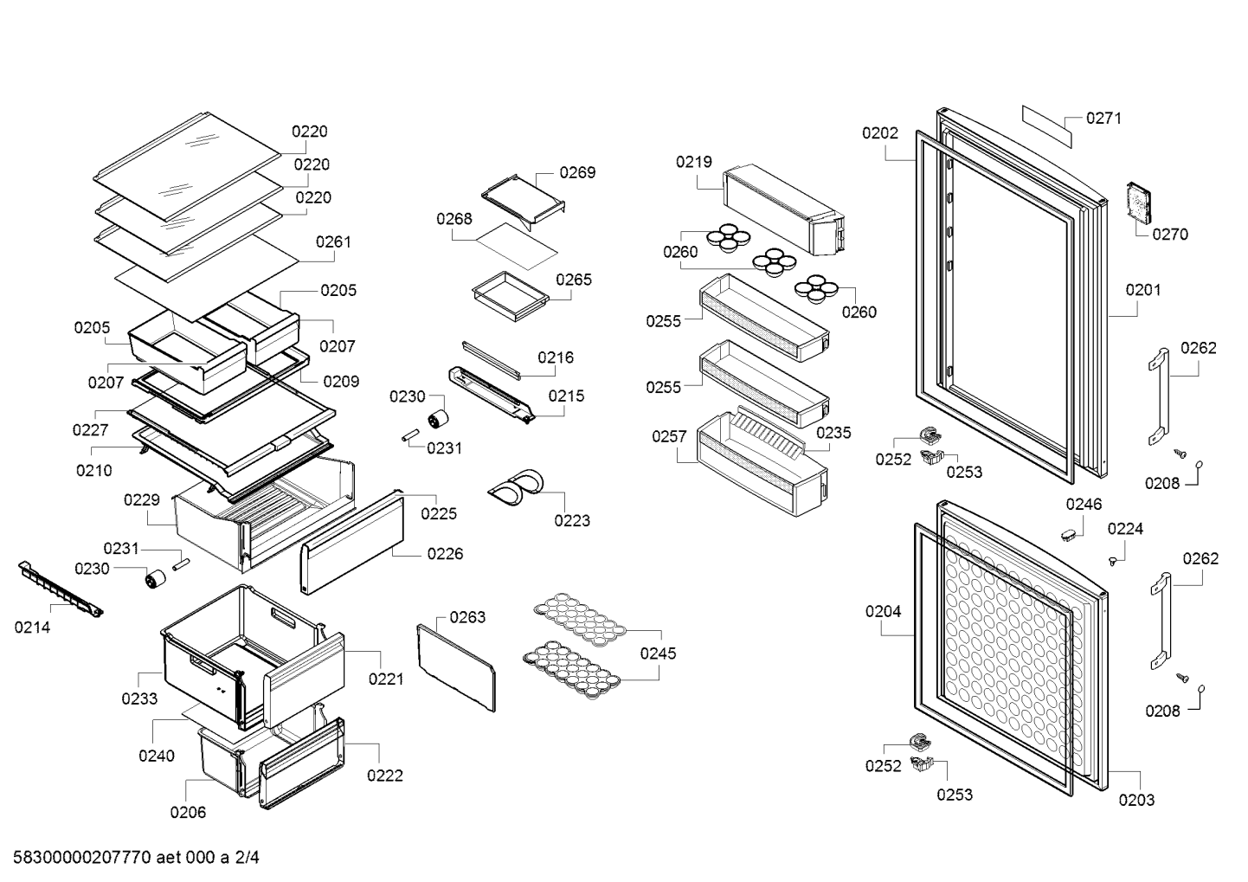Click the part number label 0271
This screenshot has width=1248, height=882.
point(1103,119)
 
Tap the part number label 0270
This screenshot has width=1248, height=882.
point(1169,234)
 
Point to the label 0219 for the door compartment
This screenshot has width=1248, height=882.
point(694,162)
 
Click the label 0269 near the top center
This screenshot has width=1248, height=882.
point(577,172)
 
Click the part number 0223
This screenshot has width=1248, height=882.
point(572,520)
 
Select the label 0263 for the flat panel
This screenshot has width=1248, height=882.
point(467,617)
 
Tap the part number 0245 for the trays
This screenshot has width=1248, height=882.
point(658,653)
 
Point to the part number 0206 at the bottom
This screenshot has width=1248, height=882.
point(188,812)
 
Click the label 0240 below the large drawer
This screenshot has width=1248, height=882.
point(157,756)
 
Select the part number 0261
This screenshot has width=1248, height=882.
point(333,241)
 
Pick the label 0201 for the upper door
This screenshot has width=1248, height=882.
point(1143,290)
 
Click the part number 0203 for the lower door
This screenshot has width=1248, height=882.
point(1136,800)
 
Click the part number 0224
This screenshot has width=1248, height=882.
point(1125,529)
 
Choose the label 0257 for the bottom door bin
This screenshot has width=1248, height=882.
point(669,437)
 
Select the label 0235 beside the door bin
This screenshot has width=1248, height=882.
point(833,433)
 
